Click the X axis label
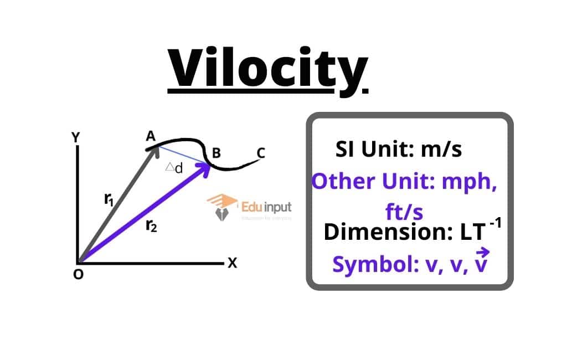(232, 264)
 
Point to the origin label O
(78, 275)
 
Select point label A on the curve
(150, 136)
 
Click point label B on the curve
(217, 152)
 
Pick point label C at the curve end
(261, 153)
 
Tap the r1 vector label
(110, 199)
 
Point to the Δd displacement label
(174, 168)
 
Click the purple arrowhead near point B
(205, 168)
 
